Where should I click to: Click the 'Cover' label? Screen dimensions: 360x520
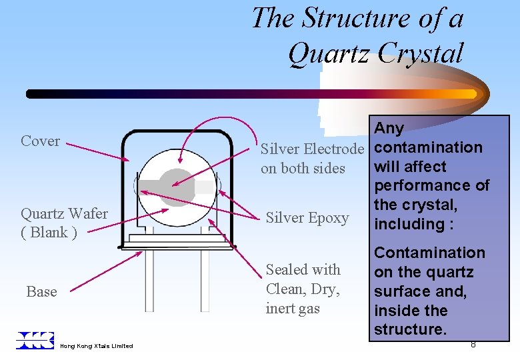coord(40,141)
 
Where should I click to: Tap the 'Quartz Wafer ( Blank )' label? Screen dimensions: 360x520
coord(64,223)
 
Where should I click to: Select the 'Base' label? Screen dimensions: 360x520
coord(41,292)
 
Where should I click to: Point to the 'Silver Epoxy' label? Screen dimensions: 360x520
coord(307,218)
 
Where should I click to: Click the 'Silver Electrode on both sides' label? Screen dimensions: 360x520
coord(312,158)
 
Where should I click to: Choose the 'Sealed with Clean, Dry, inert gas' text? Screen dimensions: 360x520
coord(303,289)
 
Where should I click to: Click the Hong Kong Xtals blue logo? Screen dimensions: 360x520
coord(35,340)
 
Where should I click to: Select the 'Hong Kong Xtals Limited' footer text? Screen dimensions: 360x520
coord(96,346)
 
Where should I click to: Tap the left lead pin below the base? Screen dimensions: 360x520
coord(150,280)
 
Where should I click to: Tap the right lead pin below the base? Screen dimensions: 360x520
coord(205,280)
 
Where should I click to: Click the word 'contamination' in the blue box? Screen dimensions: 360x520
coord(429,147)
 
